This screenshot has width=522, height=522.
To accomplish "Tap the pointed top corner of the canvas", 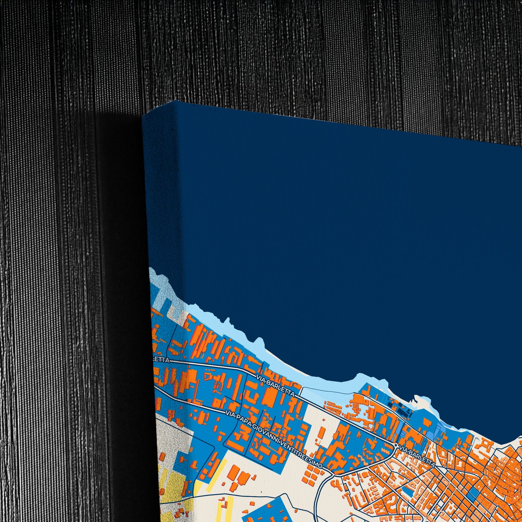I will click(x=177, y=101).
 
